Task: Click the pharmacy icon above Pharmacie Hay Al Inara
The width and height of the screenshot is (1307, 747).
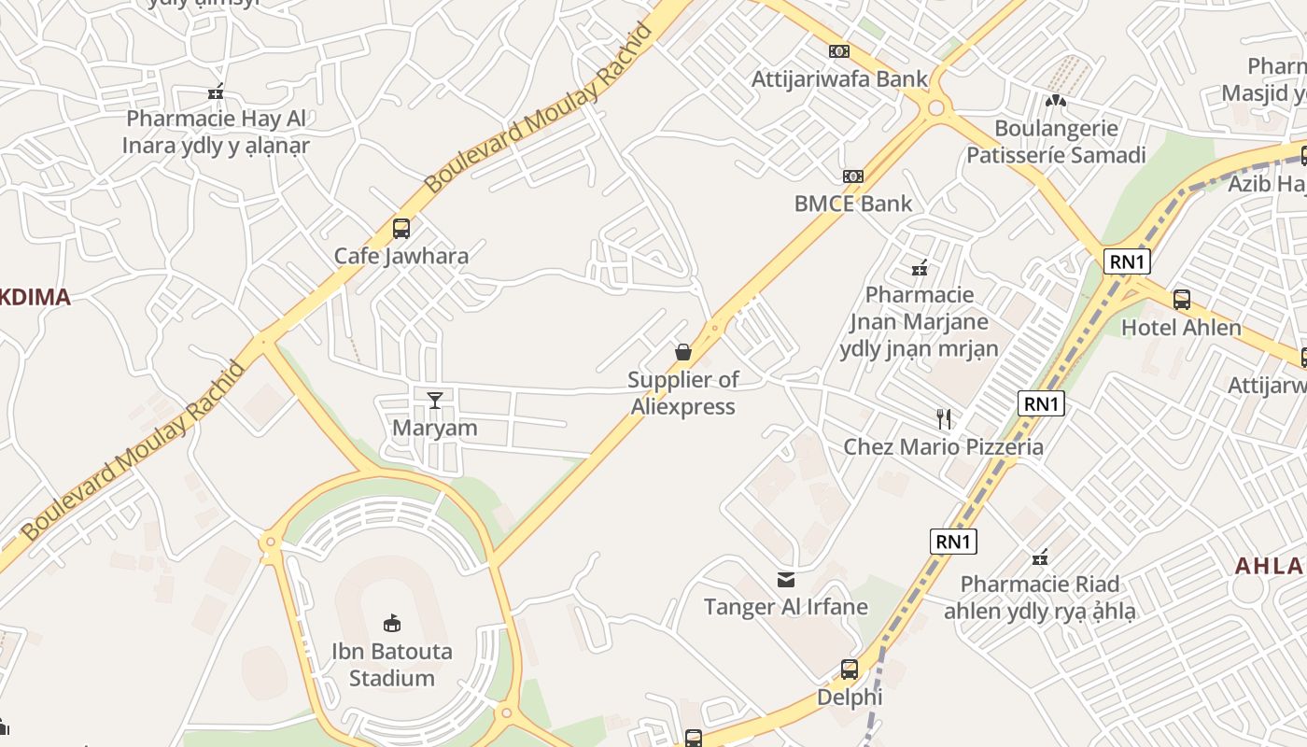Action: [216, 92]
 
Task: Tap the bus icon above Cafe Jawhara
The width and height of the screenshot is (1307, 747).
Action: [401, 228]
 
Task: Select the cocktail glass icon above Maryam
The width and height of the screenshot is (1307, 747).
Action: [434, 401]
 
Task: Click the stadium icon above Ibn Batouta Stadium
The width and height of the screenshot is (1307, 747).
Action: [392, 623]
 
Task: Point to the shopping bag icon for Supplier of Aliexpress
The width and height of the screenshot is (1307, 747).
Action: [683, 352]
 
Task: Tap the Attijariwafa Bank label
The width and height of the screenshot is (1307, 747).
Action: [839, 79]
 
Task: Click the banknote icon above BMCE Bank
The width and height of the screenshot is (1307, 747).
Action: [852, 176]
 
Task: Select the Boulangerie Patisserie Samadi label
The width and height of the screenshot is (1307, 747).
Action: [1056, 141]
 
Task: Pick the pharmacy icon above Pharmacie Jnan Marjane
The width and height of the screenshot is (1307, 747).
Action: [920, 269]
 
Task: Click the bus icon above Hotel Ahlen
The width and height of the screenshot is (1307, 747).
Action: [1181, 300]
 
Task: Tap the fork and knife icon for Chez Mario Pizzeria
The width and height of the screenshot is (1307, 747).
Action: [944, 418]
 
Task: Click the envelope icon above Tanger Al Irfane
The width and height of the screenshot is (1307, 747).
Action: [786, 580]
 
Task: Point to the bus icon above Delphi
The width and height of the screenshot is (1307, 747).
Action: [850, 669]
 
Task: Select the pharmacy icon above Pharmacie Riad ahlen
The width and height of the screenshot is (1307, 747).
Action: [1040, 558]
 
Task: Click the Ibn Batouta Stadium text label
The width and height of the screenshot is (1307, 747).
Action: [392, 665]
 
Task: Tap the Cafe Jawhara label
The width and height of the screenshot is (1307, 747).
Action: [401, 256]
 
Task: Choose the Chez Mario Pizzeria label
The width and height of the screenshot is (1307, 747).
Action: [944, 447]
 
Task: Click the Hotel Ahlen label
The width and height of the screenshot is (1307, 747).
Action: [1181, 328]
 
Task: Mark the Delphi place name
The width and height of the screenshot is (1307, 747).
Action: [850, 698]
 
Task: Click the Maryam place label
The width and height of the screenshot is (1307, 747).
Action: [434, 429]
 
